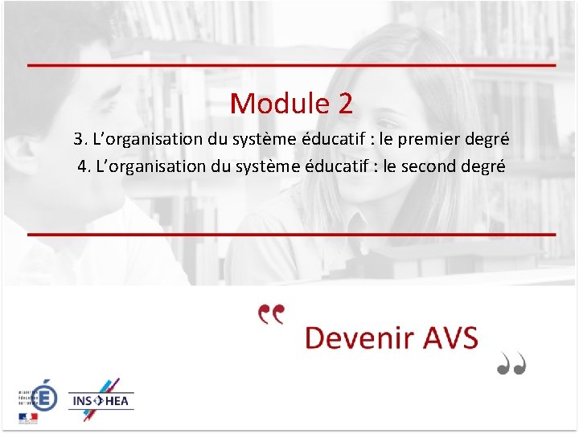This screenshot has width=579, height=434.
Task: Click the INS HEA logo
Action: pyautogui.click(x=101, y=399)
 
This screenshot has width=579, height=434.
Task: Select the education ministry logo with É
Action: pyautogui.click(x=43, y=395)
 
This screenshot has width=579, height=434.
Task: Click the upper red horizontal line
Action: pyautogui.click(x=291, y=64)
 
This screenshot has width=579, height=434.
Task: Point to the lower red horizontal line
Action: pyautogui.click(x=291, y=234)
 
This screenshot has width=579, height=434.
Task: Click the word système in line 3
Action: pyautogui.click(x=260, y=139)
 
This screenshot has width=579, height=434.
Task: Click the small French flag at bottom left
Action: pyautogui.click(x=27, y=418)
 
